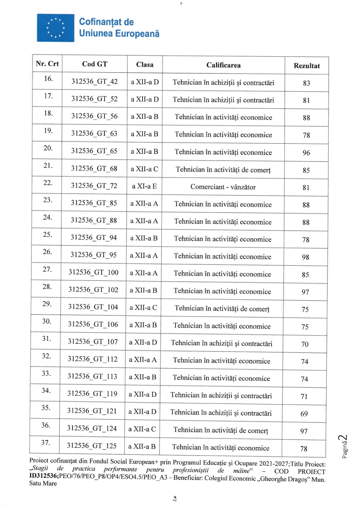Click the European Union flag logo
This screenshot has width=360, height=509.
click(55, 28)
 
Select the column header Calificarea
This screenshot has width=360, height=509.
click(223, 65)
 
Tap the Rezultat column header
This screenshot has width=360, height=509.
click(306, 66)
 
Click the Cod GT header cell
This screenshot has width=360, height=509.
click(94, 64)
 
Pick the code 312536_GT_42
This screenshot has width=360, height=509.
click(94, 82)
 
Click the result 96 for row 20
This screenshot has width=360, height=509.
click(306, 153)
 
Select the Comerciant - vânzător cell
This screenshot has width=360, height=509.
click(223, 187)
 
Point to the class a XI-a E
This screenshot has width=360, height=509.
click(144, 186)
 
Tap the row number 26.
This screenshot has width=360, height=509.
click(47, 252)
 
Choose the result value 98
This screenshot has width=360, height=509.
click(306, 257)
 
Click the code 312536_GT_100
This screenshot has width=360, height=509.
click(93, 272)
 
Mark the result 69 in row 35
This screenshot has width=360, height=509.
click(304, 414)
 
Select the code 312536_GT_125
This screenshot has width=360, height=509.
click(92, 446)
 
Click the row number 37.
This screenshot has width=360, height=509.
click(46, 443)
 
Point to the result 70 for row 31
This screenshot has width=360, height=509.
click(305, 344)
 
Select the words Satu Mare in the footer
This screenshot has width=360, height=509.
click(43, 484)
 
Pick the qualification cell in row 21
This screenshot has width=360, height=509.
click(223, 170)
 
